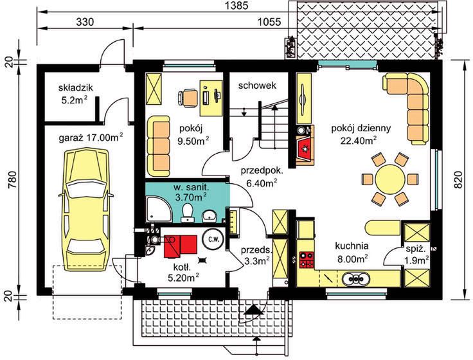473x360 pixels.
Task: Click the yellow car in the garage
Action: [85, 210]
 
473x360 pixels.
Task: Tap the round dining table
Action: [390, 179]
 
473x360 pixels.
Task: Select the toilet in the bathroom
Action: [187, 213]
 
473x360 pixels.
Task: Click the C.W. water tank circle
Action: [213, 239]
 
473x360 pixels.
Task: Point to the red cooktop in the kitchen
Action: [307, 260]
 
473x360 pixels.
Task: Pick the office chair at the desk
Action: [188, 98]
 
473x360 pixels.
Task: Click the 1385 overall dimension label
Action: [237, 6]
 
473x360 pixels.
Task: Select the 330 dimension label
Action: [85, 22]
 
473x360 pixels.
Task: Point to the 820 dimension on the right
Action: [458, 180]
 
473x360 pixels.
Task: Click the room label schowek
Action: [257, 85]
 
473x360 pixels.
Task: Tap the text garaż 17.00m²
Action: [91, 138]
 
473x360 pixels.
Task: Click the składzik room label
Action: [75, 88]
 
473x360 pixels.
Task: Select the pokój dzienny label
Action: [361, 128]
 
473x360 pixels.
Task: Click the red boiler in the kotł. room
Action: [181, 247]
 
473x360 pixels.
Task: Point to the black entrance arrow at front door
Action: [253, 310]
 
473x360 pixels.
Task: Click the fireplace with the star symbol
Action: [305, 148]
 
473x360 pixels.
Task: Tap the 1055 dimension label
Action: [270, 22]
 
